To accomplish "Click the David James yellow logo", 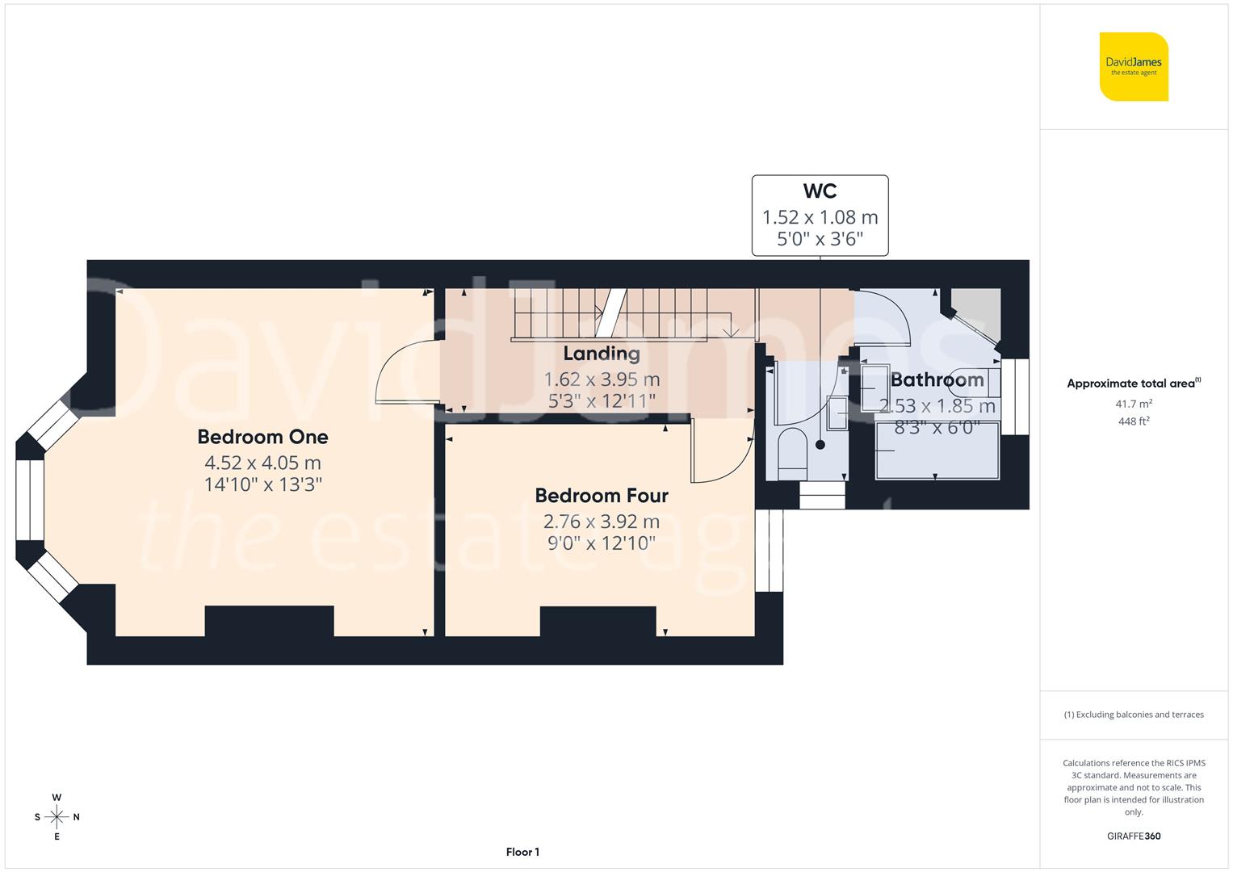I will point(1134,66).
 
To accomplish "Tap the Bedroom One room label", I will point(262,437).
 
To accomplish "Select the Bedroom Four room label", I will point(602,495).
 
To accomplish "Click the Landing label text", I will point(602,353).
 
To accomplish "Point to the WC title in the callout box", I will point(820,191).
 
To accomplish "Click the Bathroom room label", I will point(937,379).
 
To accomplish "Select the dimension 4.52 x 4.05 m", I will point(262,463).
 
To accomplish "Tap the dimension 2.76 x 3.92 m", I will point(602,521).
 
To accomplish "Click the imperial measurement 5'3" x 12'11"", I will point(602,400).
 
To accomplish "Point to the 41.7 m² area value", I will point(1134,404).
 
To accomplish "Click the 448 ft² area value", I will point(1134,421).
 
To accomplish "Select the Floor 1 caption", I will point(522,852).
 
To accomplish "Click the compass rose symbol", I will point(57,817).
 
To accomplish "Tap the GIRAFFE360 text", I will point(1134,836).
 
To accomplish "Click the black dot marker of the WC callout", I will point(820,445).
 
